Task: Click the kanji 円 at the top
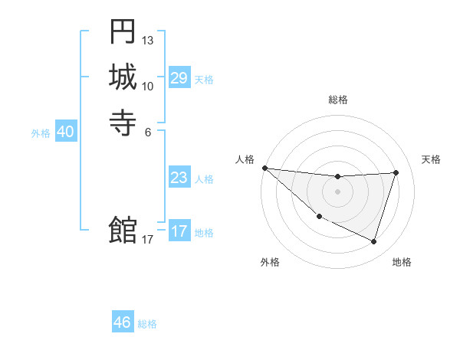tap(123, 32)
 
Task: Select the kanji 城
tap(123, 77)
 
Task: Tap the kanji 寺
tap(123, 122)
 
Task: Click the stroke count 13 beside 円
tap(148, 40)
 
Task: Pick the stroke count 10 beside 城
tap(148, 85)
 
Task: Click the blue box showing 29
tap(179, 78)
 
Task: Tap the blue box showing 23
tap(179, 178)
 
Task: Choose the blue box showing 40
tap(65, 132)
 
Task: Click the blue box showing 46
tap(122, 322)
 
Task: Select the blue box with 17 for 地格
tap(179, 231)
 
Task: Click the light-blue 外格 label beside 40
tap(41, 133)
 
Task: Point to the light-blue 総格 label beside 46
tap(147, 324)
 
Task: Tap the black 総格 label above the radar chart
tap(337, 100)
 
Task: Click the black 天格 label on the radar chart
tap(431, 159)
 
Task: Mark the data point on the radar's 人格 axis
tap(264, 168)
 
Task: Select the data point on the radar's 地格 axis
tap(373, 242)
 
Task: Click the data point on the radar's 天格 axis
tap(396, 172)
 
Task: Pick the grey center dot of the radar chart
tap(337, 191)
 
